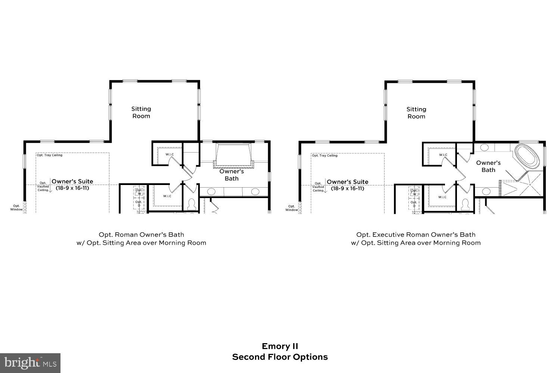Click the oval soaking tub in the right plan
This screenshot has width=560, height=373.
point(527,156)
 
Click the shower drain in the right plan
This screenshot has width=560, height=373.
point(529,185)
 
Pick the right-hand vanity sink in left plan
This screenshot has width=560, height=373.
point(255,192)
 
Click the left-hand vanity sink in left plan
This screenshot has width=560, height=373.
point(211,192)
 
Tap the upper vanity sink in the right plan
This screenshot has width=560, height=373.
point(484,147)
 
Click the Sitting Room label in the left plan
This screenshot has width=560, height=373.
point(141,112)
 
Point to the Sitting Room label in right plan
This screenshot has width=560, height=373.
point(416,113)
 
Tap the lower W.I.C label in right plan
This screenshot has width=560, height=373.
point(442,197)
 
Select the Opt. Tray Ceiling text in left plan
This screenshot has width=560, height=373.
point(50,155)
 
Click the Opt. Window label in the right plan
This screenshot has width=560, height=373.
point(292,208)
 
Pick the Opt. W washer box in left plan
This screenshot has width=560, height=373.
point(139,192)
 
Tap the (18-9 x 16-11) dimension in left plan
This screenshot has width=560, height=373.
point(72,188)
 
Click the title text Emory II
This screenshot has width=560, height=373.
point(280,346)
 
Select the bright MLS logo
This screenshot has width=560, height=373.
point(30,363)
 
